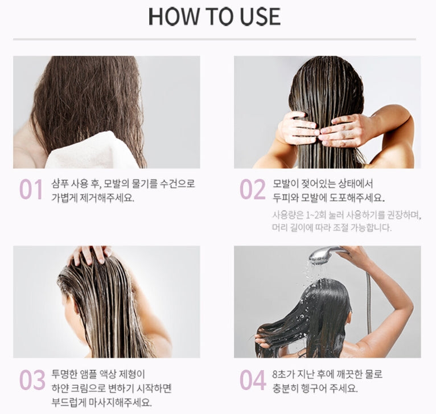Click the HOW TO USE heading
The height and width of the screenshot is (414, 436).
215,17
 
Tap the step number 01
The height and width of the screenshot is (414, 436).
31,190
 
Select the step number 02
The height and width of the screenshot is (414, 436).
252,190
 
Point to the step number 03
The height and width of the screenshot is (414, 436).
32,380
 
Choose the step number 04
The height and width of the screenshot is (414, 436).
253,380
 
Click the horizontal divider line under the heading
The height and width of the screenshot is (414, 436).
215,39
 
